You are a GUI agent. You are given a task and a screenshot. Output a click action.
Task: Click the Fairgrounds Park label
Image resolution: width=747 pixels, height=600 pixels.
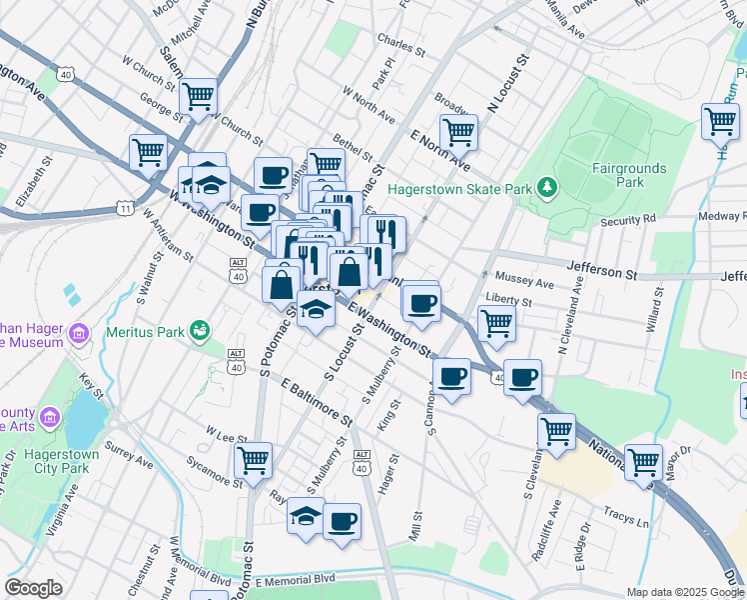point(627,175)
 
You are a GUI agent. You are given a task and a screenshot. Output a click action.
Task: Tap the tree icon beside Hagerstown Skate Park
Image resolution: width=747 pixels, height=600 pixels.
point(546,186)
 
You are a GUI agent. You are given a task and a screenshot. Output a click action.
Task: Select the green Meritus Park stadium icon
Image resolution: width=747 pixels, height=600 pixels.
point(200,329)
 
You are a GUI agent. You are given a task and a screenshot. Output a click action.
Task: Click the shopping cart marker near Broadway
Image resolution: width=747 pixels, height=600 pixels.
point(458,130)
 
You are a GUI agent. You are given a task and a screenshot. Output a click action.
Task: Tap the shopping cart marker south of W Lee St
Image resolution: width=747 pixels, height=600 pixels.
point(254,460)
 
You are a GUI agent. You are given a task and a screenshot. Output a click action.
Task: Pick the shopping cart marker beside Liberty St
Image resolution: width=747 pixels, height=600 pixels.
point(496,322)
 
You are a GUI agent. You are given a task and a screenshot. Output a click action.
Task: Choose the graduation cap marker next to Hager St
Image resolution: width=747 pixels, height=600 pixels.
point(307,518)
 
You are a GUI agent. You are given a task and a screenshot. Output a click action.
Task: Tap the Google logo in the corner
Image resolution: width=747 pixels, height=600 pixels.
point(34,588)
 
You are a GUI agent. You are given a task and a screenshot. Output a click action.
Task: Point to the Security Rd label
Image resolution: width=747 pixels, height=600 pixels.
point(628,218)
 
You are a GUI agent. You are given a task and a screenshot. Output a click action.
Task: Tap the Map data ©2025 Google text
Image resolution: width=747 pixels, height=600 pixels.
point(684,591)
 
